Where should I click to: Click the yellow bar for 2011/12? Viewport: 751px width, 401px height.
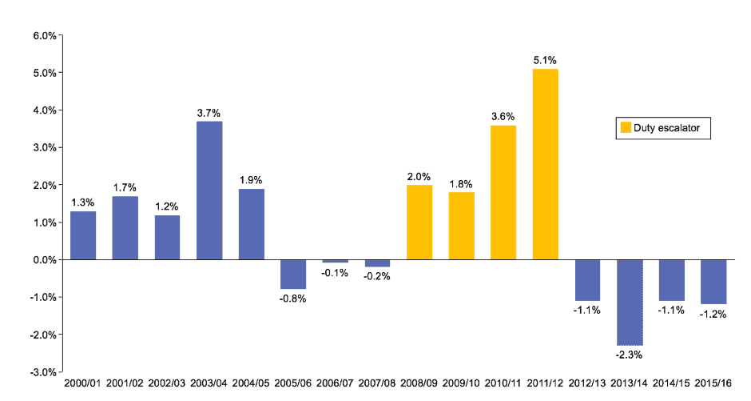tap(546, 164)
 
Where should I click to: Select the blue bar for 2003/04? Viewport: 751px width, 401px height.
tap(209, 190)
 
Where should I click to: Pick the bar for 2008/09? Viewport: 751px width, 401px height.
tap(419, 223)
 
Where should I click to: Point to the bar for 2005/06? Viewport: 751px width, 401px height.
tap(293, 275)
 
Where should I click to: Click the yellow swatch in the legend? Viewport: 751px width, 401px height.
tap(625, 127)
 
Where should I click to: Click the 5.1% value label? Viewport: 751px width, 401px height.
tap(545, 60)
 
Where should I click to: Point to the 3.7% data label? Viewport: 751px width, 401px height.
tap(209, 112)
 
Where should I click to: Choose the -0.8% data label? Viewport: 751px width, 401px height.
tap(293, 299)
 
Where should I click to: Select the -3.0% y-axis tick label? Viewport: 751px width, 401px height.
tap(42, 372)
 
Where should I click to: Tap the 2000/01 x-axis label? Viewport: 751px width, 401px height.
tap(83, 385)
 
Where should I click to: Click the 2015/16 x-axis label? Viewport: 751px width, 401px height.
tap(713, 385)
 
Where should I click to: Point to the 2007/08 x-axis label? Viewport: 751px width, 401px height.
tap(377, 385)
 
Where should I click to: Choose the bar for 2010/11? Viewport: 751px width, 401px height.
tap(503, 192)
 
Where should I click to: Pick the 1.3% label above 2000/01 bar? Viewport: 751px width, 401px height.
tap(83, 203)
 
